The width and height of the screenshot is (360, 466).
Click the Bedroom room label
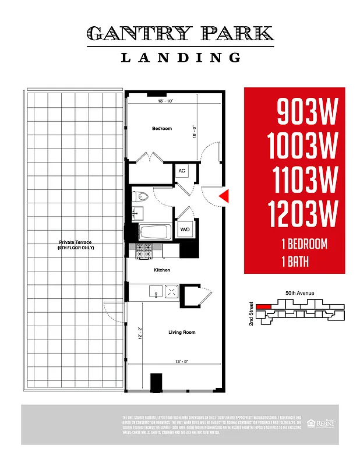coord(162,128)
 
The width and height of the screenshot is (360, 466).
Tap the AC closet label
coord(182,171)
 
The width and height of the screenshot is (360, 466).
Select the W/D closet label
coord(185,229)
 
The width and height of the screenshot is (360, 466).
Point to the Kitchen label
coord(161,270)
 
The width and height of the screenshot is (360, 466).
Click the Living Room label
coord(182,333)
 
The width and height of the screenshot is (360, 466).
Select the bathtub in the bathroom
coord(154,231)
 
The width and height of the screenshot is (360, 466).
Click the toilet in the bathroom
coord(140,197)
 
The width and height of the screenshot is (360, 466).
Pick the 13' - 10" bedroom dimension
coord(166,101)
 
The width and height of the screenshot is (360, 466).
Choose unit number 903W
coord(306,111)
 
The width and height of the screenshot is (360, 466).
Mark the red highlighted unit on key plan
coord(264,306)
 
